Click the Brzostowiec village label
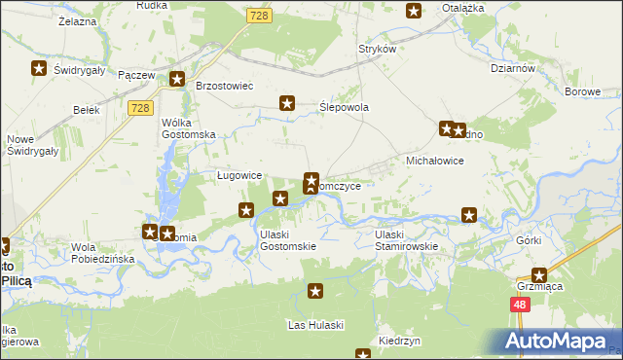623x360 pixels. click(x=225, y=86)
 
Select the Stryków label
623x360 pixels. click(x=378, y=49)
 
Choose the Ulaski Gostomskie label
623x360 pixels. click(x=287, y=240)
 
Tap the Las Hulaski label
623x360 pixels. click(x=314, y=324)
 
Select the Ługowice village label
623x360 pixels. click(x=238, y=175)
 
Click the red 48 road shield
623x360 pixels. click(x=520, y=305)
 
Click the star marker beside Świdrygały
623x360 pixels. click(x=39, y=68)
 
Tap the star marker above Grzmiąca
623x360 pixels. click(x=538, y=275)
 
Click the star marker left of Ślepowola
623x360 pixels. click(x=287, y=102)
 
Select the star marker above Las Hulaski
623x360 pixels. click(x=315, y=291)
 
